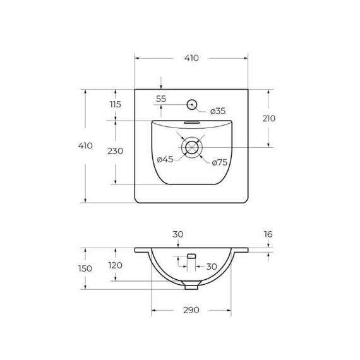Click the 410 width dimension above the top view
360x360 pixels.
[x=191, y=58]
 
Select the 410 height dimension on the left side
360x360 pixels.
[x=85, y=145]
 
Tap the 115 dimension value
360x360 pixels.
[x=115, y=105]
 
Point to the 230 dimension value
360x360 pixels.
[x=115, y=151]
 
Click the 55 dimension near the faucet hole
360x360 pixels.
[x=160, y=99]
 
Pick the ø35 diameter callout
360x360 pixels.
[x=217, y=111]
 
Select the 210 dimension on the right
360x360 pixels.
[x=268, y=118]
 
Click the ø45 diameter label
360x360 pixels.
[x=165, y=159]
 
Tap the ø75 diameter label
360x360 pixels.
[x=219, y=162]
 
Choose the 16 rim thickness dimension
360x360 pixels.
[x=268, y=234]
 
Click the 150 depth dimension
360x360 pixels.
[x=85, y=268]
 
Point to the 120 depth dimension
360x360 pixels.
[x=115, y=265]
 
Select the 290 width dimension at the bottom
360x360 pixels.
[x=191, y=310]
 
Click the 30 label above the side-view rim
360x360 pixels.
[x=178, y=234]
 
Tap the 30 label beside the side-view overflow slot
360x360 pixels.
[x=211, y=266]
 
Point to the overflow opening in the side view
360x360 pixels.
[x=191, y=256]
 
